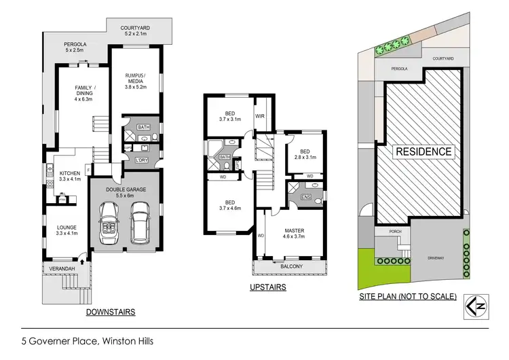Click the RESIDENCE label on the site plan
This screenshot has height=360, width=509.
click(x=423, y=152)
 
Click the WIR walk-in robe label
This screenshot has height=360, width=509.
click(x=260, y=116)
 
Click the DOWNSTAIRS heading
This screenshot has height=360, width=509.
click(x=111, y=312)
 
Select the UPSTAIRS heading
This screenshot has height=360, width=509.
click(x=267, y=287)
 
